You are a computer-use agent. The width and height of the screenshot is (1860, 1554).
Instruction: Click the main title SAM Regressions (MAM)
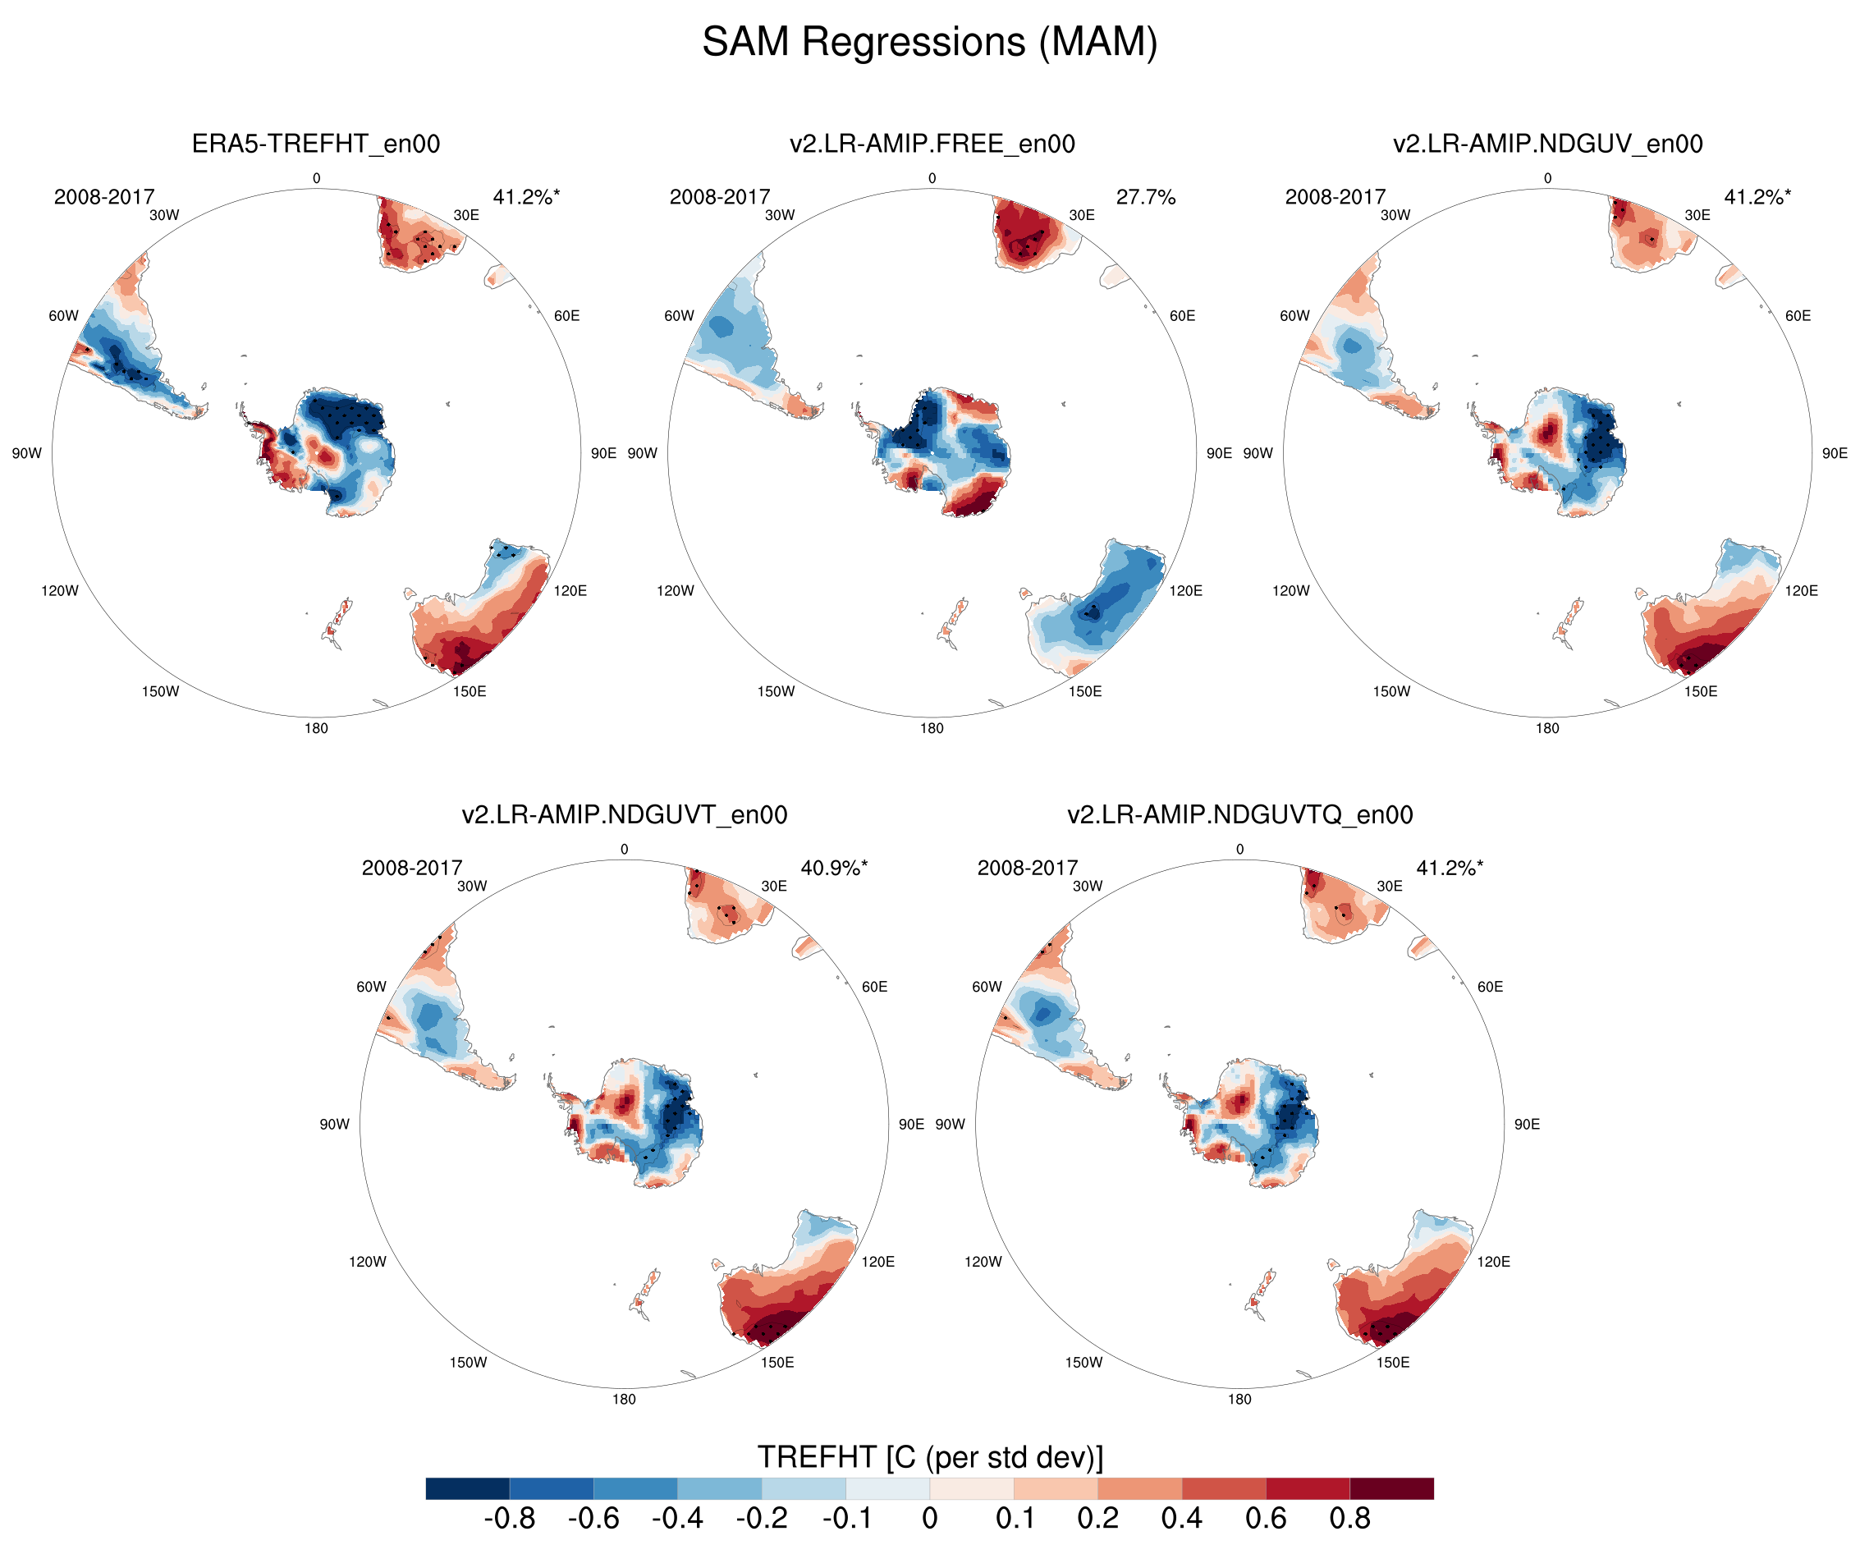pyautogui.click(x=929, y=42)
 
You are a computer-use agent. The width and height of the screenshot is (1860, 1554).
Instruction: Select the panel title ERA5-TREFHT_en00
pyautogui.click(x=315, y=144)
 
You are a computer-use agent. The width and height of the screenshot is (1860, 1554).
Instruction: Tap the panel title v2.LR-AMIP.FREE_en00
pyautogui.click(x=932, y=144)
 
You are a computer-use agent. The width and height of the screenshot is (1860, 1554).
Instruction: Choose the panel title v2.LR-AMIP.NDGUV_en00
pyautogui.click(x=1547, y=144)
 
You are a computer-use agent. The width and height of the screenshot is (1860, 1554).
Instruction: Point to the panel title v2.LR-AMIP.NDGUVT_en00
pyautogui.click(x=624, y=814)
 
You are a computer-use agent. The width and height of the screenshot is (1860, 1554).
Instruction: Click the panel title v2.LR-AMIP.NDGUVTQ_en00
pyautogui.click(x=1239, y=814)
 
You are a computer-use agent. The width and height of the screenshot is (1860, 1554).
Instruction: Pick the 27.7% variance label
pyautogui.click(x=1144, y=197)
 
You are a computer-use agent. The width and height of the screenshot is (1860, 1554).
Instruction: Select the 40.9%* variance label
pyautogui.click(x=833, y=868)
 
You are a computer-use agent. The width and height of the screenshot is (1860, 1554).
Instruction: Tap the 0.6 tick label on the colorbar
pyautogui.click(x=1265, y=1518)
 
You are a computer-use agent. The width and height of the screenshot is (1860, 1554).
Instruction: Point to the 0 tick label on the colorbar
pyautogui.click(x=929, y=1518)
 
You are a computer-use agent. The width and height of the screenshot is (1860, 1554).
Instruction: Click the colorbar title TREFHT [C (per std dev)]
pyautogui.click(x=929, y=1456)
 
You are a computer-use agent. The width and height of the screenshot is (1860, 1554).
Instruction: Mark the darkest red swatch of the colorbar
pyautogui.click(x=1390, y=1488)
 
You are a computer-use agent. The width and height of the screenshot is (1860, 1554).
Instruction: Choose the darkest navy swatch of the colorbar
pyautogui.click(x=468, y=1488)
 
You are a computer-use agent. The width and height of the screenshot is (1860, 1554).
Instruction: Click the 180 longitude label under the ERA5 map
pyautogui.click(x=316, y=728)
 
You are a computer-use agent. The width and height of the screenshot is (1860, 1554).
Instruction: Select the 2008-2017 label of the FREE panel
pyautogui.click(x=719, y=197)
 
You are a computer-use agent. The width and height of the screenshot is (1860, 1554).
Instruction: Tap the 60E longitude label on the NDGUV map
pyautogui.click(x=1797, y=315)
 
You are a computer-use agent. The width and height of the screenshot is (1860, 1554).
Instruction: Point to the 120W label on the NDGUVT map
pyautogui.click(x=367, y=1262)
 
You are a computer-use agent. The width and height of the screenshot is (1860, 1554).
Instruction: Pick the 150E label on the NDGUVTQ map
pyautogui.click(x=1392, y=1362)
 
